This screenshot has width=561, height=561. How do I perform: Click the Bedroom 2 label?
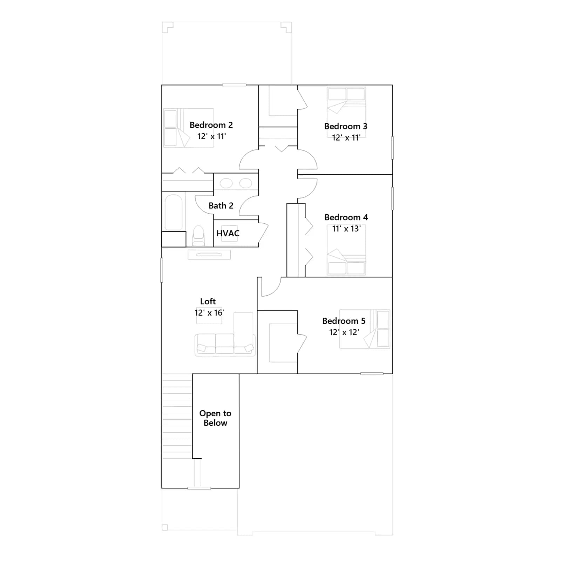coord(211,125)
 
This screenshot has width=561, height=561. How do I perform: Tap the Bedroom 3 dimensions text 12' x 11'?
coord(346,137)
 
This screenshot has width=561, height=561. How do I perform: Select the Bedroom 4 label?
coord(346,217)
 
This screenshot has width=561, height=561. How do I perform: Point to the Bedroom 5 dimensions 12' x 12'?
coord(344,332)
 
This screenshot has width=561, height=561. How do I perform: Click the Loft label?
coord(208,302)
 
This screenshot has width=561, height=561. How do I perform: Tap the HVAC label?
coord(228,234)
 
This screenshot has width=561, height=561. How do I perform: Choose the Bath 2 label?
coord(221,206)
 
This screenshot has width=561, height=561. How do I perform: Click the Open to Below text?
coord(215,418)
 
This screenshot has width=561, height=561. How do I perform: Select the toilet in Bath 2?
coord(198,236)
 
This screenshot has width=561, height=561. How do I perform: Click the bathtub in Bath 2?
coord(174,212)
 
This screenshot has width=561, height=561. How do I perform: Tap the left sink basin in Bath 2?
coord(226,183)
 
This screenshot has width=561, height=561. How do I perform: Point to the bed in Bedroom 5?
coord(365,329)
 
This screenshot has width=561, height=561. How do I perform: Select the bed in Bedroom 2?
coord(189,128)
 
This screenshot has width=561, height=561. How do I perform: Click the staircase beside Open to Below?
coord(177,416)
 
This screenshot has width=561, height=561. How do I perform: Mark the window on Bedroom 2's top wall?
coord(234,85)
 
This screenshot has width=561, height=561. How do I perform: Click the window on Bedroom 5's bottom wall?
coord(372,374)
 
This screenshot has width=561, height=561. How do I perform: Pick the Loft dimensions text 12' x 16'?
coord(209,313)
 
